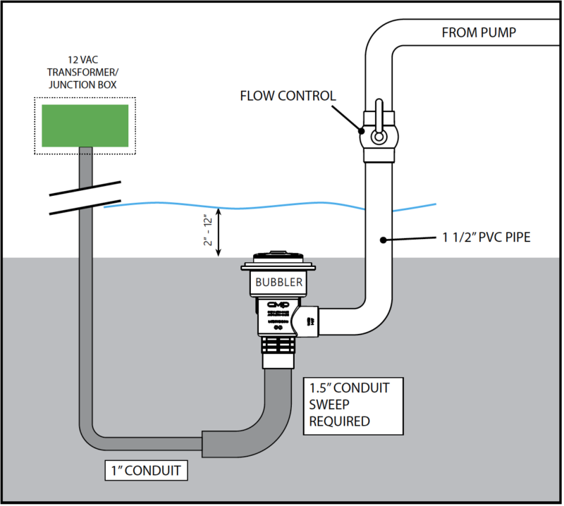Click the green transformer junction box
pos(85,126)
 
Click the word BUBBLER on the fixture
pos(278,283)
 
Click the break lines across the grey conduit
pos(85,198)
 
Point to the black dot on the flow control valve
pos(361,130)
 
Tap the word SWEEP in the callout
pos(329,404)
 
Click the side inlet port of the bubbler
pos(310,321)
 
